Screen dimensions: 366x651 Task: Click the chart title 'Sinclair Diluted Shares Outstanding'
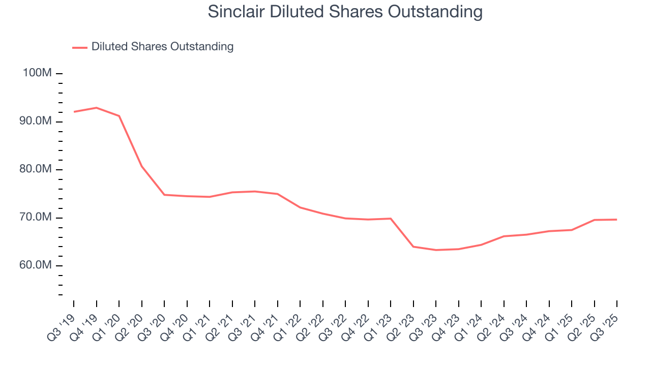click(345, 12)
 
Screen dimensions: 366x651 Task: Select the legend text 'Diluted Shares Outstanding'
click(162, 47)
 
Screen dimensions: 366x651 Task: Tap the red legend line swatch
click(80, 47)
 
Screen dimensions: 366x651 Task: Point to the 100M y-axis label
click(37, 73)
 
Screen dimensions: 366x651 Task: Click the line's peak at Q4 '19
click(96, 108)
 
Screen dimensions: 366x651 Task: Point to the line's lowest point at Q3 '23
click(436, 250)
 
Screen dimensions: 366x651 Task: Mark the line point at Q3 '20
click(164, 195)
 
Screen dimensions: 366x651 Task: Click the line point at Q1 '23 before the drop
click(391, 219)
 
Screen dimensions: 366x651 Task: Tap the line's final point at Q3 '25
click(617, 220)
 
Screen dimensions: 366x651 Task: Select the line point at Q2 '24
click(504, 236)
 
